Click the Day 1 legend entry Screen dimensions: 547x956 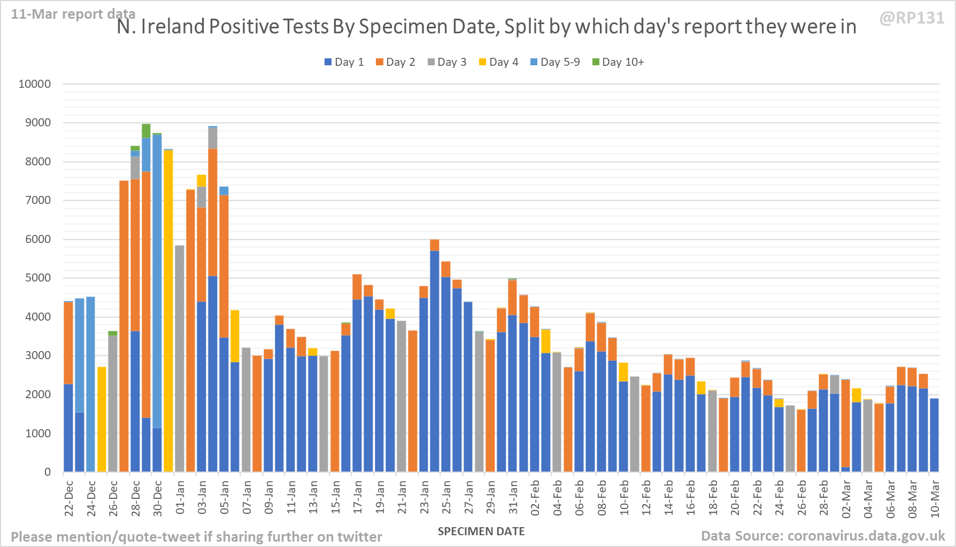(x=344, y=62)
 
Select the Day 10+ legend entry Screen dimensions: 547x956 (x=618, y=62)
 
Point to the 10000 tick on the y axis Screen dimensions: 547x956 (x=35, y=84)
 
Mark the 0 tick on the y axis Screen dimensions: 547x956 (x=48, y=472)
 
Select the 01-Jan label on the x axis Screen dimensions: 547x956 (x=180, y=498)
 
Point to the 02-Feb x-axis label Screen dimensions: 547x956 (x=535, y=498)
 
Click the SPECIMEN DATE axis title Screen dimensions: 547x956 (x=481, y=531)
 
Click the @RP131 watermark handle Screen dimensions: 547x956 (x=912, y=18)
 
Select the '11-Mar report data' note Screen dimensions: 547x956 (x=73, y=14)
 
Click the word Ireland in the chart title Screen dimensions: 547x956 (x=173, y=27)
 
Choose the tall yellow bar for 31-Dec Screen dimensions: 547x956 (x=168, y=310)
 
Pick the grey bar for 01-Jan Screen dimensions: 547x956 (x=180, y=359)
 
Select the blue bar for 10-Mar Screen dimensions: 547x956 (x=934, y=435)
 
